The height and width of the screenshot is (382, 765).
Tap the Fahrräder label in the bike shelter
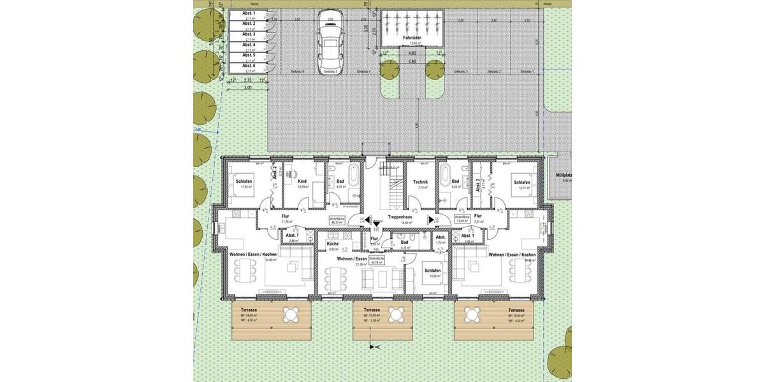[411, 38]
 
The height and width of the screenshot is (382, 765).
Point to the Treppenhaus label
[399, 217]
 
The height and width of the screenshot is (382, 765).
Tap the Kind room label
[302, 181]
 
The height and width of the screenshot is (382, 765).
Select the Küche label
[332, 244]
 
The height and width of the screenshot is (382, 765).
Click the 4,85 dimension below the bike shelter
[412, 62]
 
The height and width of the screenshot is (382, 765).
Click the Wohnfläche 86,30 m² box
[337, 220]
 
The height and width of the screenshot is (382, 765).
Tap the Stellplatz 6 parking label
[297, 72]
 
